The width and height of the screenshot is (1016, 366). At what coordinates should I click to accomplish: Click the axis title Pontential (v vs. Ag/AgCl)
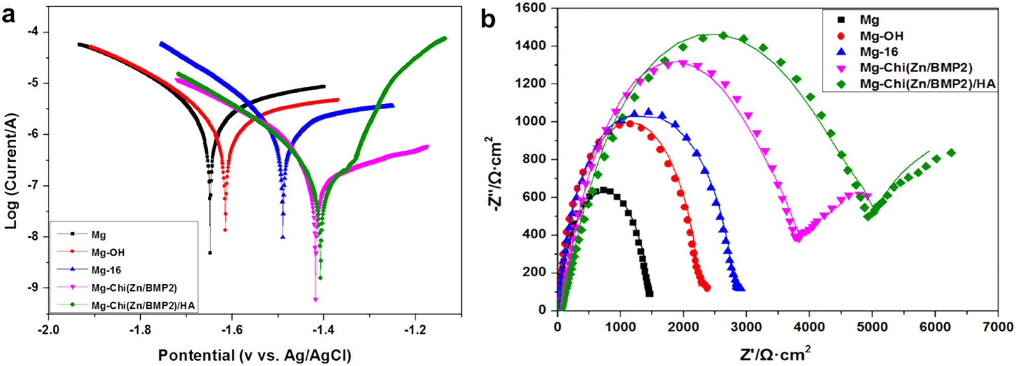click(255, 355)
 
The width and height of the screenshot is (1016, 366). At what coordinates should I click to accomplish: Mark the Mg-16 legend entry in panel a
click(106, 270)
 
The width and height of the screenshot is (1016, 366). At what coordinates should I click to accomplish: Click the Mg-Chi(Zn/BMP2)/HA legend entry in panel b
click(927, 84)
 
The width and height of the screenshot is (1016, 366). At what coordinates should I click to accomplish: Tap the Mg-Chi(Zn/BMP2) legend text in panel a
click(134, 288)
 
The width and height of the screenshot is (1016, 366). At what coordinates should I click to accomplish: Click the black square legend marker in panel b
click(841, 20)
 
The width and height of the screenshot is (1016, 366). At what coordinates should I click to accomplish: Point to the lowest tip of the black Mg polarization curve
click(210, 252)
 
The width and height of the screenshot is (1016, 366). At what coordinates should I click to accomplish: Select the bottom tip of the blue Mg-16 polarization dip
click(282, 237)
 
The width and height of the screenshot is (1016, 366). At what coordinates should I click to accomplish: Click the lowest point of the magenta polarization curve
click(315, 300)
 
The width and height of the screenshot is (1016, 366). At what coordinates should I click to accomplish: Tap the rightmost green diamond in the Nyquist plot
click(951, 153)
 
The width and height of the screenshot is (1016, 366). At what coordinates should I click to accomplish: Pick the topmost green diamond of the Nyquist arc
click(723, 36)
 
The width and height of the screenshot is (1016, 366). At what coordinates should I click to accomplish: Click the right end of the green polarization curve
click(444, 38)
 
